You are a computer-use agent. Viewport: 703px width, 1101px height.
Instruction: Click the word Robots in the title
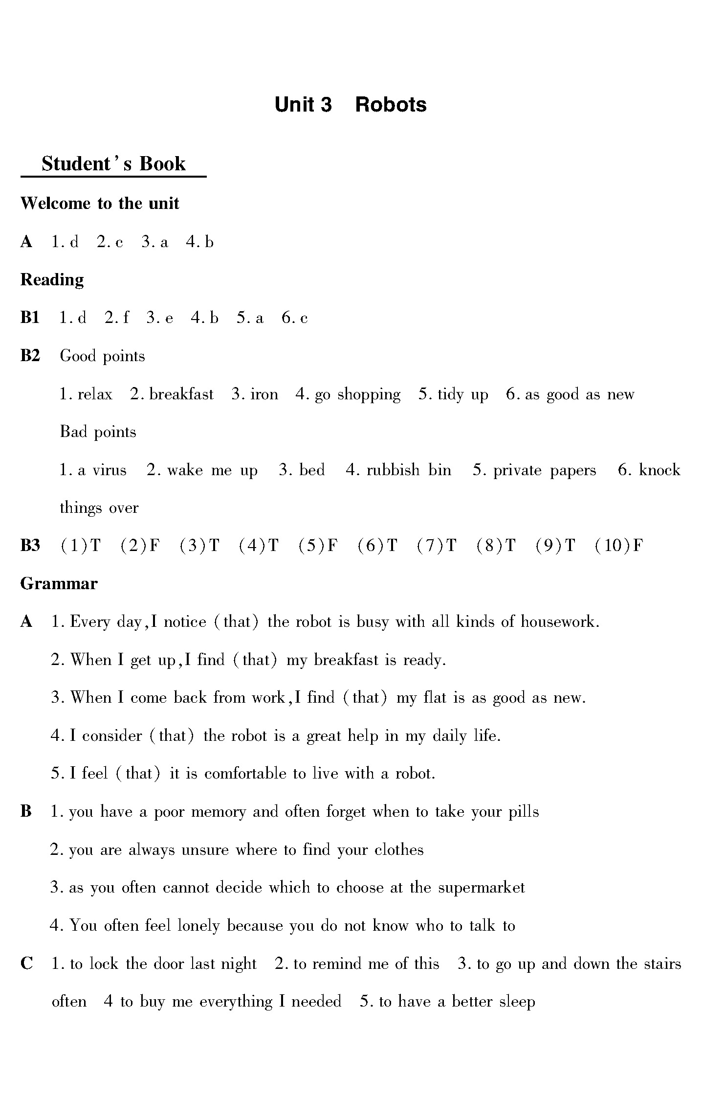(391, 105)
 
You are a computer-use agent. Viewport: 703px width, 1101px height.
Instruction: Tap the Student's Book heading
(113, 164)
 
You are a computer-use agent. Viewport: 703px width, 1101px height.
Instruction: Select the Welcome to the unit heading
(100, 204)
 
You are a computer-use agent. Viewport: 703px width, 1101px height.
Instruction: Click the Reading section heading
(52, 280)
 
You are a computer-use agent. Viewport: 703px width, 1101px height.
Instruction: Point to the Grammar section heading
(59, 584)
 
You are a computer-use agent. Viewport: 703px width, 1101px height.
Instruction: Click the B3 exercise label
(30, 546)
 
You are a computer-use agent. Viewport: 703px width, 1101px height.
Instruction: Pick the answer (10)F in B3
(619, 546)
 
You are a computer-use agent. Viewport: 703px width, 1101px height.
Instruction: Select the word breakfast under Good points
(181, 394)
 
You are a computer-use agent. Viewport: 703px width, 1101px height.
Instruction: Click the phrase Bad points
(98, 432)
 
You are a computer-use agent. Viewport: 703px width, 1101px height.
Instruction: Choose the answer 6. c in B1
(295, 319)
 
